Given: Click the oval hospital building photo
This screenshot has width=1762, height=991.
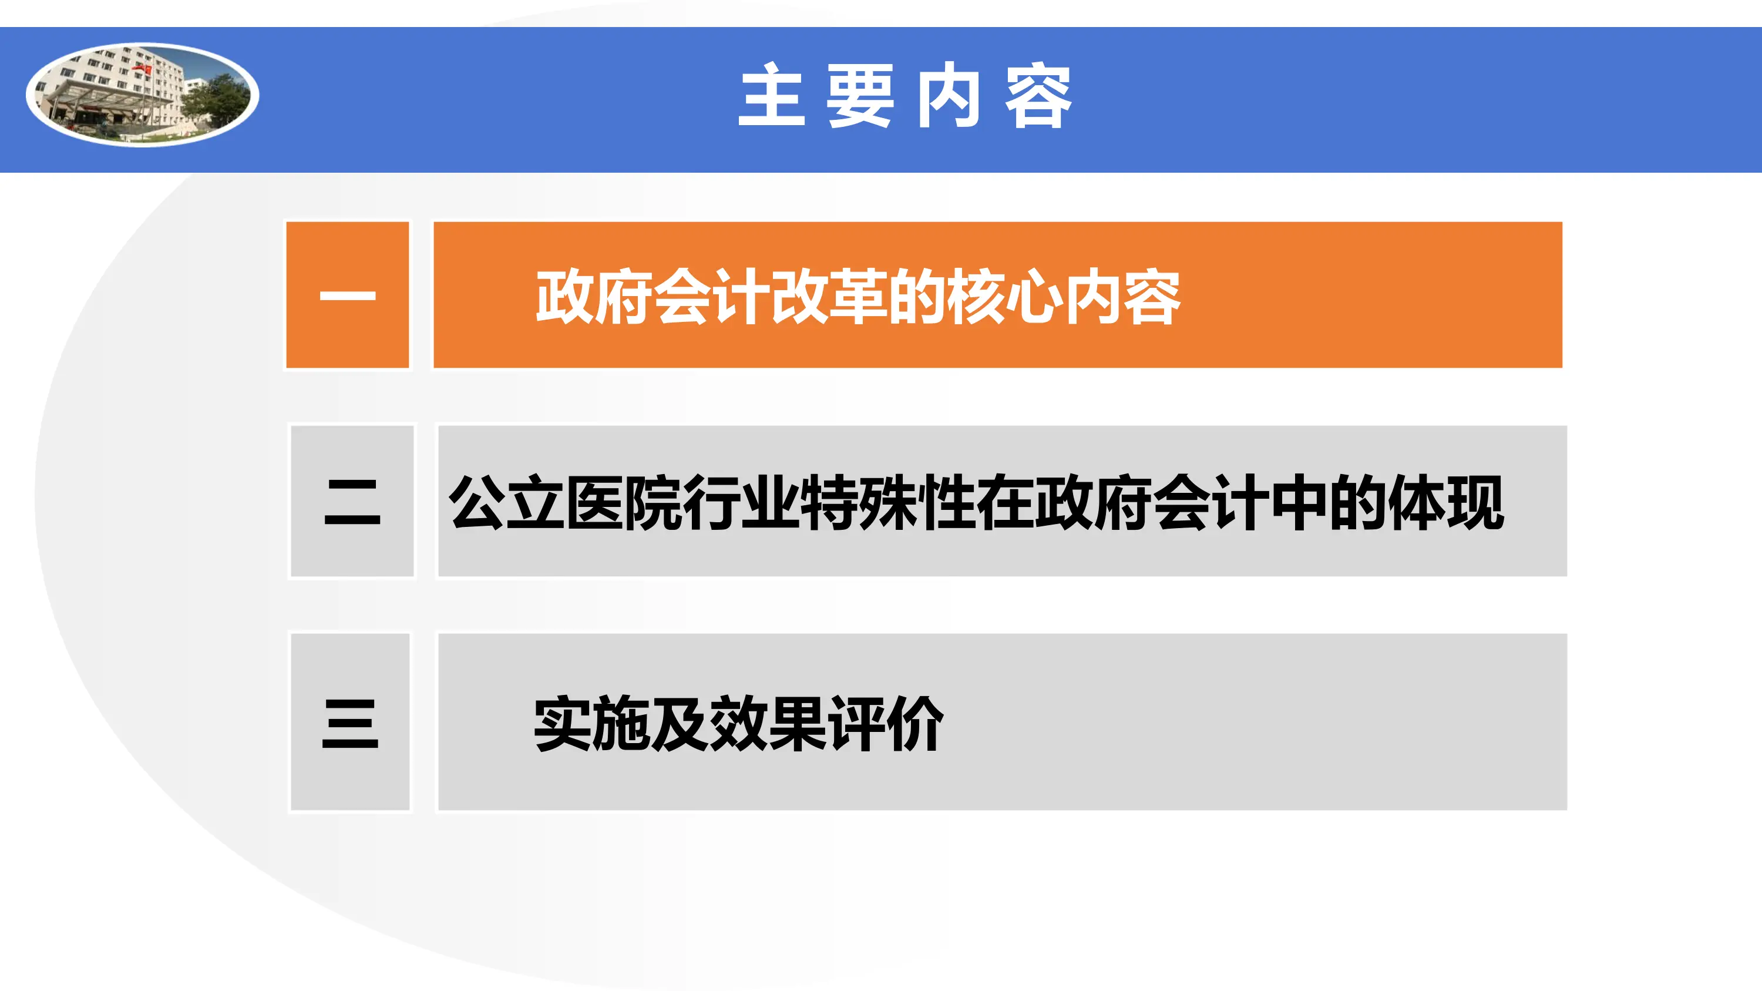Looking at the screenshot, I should (142, 95).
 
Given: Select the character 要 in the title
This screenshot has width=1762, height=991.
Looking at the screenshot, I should (860, 96).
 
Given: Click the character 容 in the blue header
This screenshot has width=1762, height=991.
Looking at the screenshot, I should (1038, 96).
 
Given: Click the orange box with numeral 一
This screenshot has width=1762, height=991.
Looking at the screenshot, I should (348, 295).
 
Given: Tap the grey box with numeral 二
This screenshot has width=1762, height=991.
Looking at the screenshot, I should (352, 501).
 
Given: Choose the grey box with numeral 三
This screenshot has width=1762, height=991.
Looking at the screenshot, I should (350, 722).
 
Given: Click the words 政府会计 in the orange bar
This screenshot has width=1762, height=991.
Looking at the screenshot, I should (653, 297).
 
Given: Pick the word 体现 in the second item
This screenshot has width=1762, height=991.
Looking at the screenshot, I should (1445, 503).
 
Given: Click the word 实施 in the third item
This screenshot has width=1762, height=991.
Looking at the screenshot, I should (591, 724).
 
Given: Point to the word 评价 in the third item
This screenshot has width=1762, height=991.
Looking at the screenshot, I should (886, 724).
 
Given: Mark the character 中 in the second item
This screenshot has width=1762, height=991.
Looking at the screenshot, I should (1299, 503).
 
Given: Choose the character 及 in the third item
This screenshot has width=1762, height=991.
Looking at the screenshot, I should (680, 724).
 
